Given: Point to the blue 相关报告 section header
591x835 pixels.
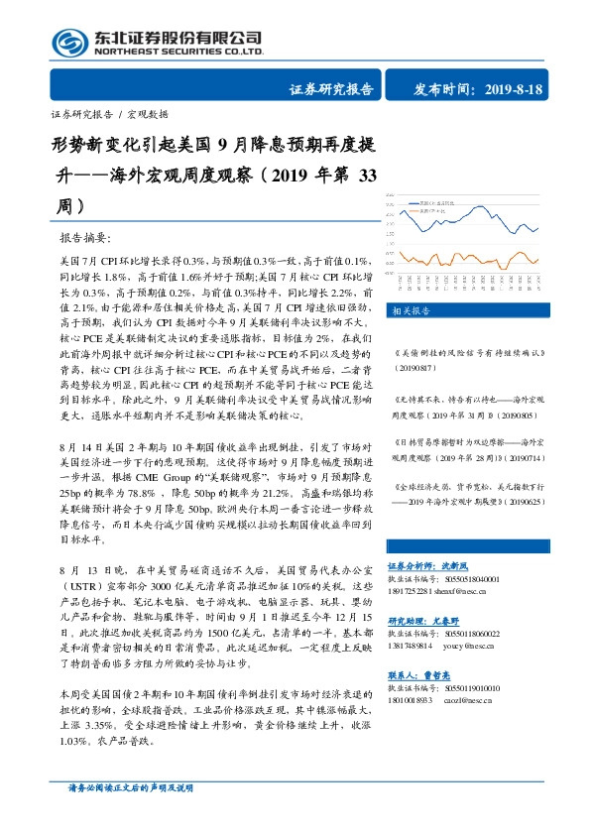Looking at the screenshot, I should [x=410, y=310].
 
